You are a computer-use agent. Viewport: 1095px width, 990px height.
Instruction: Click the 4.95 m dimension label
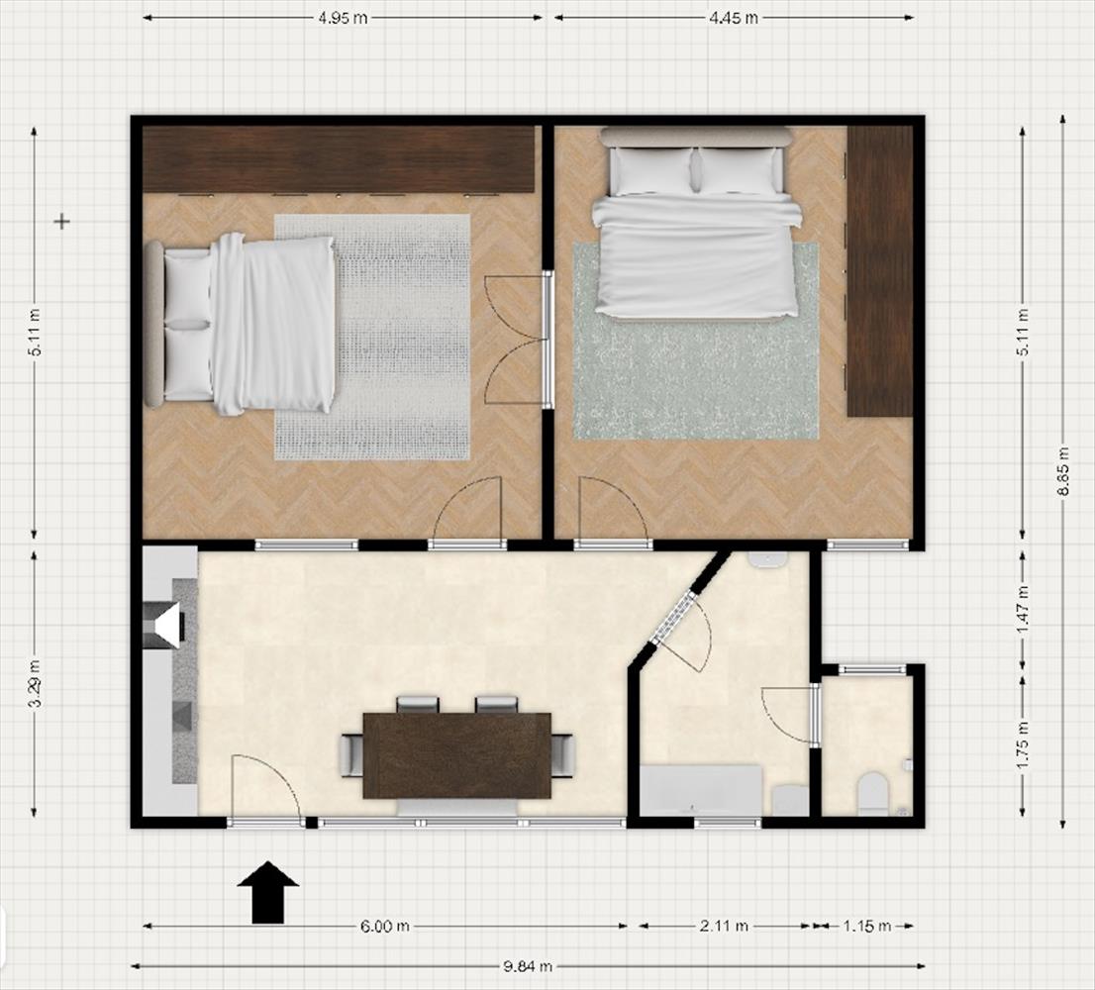click(343, 18)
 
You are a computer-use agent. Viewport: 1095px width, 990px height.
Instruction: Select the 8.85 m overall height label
click(1063, 471)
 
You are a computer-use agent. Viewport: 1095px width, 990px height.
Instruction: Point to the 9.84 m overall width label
click(528, 967)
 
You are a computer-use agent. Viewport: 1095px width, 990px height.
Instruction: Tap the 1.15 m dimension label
click(866, 927)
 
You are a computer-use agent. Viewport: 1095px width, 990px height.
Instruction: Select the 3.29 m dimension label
click(35, 683)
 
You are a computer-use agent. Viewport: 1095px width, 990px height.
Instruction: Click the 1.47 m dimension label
click(1023, 610)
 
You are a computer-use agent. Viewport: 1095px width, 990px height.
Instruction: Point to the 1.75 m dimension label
click(1023, 744)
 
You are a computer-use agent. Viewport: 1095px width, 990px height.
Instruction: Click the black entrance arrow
click(268, 892)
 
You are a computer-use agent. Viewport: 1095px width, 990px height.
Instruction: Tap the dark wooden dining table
click(456, 755)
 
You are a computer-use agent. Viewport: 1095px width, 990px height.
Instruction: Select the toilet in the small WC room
click(873, 793)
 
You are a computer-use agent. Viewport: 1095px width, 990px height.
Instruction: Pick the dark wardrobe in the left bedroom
click(339, 159)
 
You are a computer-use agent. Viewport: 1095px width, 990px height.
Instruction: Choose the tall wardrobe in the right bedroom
click(880, 271)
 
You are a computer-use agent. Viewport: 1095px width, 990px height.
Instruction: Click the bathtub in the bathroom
click(701, 790)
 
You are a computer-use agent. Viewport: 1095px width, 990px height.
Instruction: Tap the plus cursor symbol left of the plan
click(62, 222)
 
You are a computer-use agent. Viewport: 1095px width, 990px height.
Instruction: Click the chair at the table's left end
click(351, 755)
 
